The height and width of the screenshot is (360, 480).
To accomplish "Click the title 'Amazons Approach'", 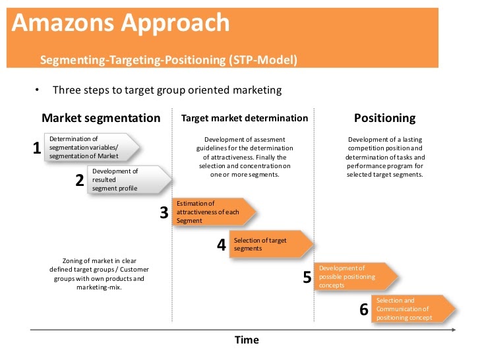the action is [121, 23].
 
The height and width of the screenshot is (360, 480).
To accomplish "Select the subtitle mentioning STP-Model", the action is [169, 60].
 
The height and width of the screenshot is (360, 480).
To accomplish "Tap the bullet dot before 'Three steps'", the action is [37, 90].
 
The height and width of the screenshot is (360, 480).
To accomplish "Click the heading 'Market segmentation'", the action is [101, 118].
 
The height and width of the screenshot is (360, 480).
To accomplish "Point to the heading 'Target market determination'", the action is [245, 118].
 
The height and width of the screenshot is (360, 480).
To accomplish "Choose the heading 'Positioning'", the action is [385, 118].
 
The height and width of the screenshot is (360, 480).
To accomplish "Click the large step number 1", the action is [37, 148].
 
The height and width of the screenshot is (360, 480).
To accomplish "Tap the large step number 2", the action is [80, 180].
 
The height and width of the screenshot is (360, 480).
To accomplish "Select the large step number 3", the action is [164, 212].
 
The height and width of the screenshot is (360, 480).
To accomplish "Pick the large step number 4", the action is [222, 245].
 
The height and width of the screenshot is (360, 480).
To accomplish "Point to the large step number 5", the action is [307, 277].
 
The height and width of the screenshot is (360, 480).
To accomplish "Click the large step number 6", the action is [364, 309].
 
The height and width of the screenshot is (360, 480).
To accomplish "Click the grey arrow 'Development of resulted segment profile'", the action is [129, 180].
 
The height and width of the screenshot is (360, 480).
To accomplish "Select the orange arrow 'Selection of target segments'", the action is [271, 244].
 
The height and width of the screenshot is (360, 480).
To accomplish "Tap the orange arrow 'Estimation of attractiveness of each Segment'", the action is [214, 212].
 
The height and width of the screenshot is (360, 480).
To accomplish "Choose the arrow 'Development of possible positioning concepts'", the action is [356, 276].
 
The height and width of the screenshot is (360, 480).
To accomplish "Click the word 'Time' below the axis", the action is [247, 340].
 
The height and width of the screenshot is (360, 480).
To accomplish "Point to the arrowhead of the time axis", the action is [454, 330].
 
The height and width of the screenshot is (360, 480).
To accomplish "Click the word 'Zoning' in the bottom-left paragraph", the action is [73, 261].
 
